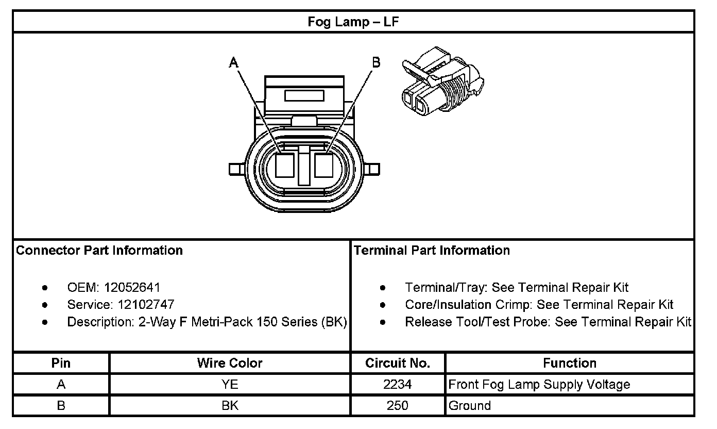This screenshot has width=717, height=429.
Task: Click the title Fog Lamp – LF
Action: [x=353, y=22]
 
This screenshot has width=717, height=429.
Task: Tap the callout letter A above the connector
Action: [x=234, y=63]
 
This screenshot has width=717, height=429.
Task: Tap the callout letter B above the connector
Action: [x=377, y=62]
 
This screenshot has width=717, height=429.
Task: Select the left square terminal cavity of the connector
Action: [x=284, y=166]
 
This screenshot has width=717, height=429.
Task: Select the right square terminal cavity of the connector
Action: [x=324, y=166]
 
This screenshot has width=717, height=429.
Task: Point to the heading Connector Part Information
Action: [x=99, y=251]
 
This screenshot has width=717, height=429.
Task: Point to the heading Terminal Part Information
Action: [x=432, y=251]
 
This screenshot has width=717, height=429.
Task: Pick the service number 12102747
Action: [x=142, y=305]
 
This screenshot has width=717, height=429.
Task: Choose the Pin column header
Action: [x=61, y=363]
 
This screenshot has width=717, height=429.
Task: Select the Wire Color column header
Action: [x=230, y=363]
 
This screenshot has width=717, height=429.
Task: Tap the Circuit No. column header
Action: [x=398, y=363]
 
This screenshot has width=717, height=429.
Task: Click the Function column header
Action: [x=569, y=363]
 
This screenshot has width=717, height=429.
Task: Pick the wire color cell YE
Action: [x=230, y=385]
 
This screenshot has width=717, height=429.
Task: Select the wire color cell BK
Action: [x=230, y=406]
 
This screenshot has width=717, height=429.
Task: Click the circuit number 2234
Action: [x=398, y=385]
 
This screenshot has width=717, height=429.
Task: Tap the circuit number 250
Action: [x=398, y=406]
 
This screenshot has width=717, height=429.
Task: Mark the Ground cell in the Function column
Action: [x=470, y=406]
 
